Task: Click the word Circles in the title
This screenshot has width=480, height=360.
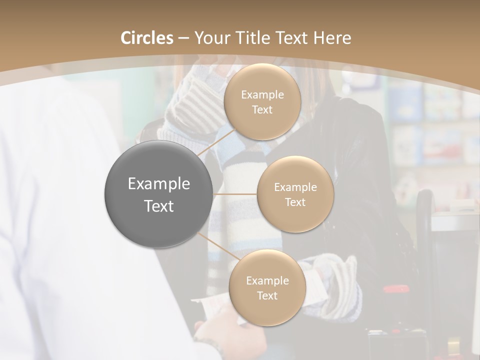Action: coord(146,38)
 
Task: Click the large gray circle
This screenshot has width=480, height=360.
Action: coord(158,194)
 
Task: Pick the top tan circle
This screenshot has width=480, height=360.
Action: coord(262,101)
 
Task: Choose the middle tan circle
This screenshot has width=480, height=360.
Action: coord(295,194)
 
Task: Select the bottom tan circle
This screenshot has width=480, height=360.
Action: coord(267,287)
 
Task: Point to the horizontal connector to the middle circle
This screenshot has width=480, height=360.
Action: coord(235,194)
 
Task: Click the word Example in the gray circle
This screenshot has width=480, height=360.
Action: coord(159,184)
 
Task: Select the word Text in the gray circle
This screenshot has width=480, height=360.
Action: coord(159,206)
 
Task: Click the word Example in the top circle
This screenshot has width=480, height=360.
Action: coord(262,94)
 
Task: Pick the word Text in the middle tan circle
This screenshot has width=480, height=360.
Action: coord(295,202)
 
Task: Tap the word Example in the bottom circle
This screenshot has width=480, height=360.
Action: coord(267,280)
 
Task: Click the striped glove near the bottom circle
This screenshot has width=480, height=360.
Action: coord(340,280)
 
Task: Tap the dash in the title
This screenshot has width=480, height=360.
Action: coord(183,38)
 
